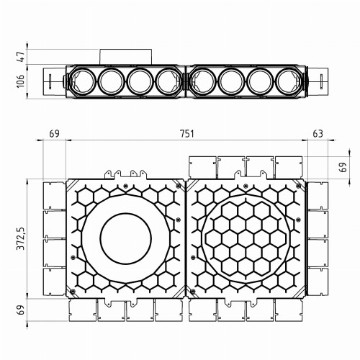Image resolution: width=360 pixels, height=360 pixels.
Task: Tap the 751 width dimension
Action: pyautogui.click(x=186, y=135)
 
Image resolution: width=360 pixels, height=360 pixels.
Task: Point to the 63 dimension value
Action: pyautogui.click(x=318, y=135)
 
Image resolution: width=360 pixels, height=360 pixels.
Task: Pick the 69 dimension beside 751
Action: pyautogui.click(x=54, y=135)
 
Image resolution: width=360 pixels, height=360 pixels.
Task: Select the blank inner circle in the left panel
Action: pyautogui.click(x=125, y=239)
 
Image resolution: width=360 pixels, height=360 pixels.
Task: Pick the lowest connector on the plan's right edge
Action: pyautogui.click(x=318, y=282)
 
